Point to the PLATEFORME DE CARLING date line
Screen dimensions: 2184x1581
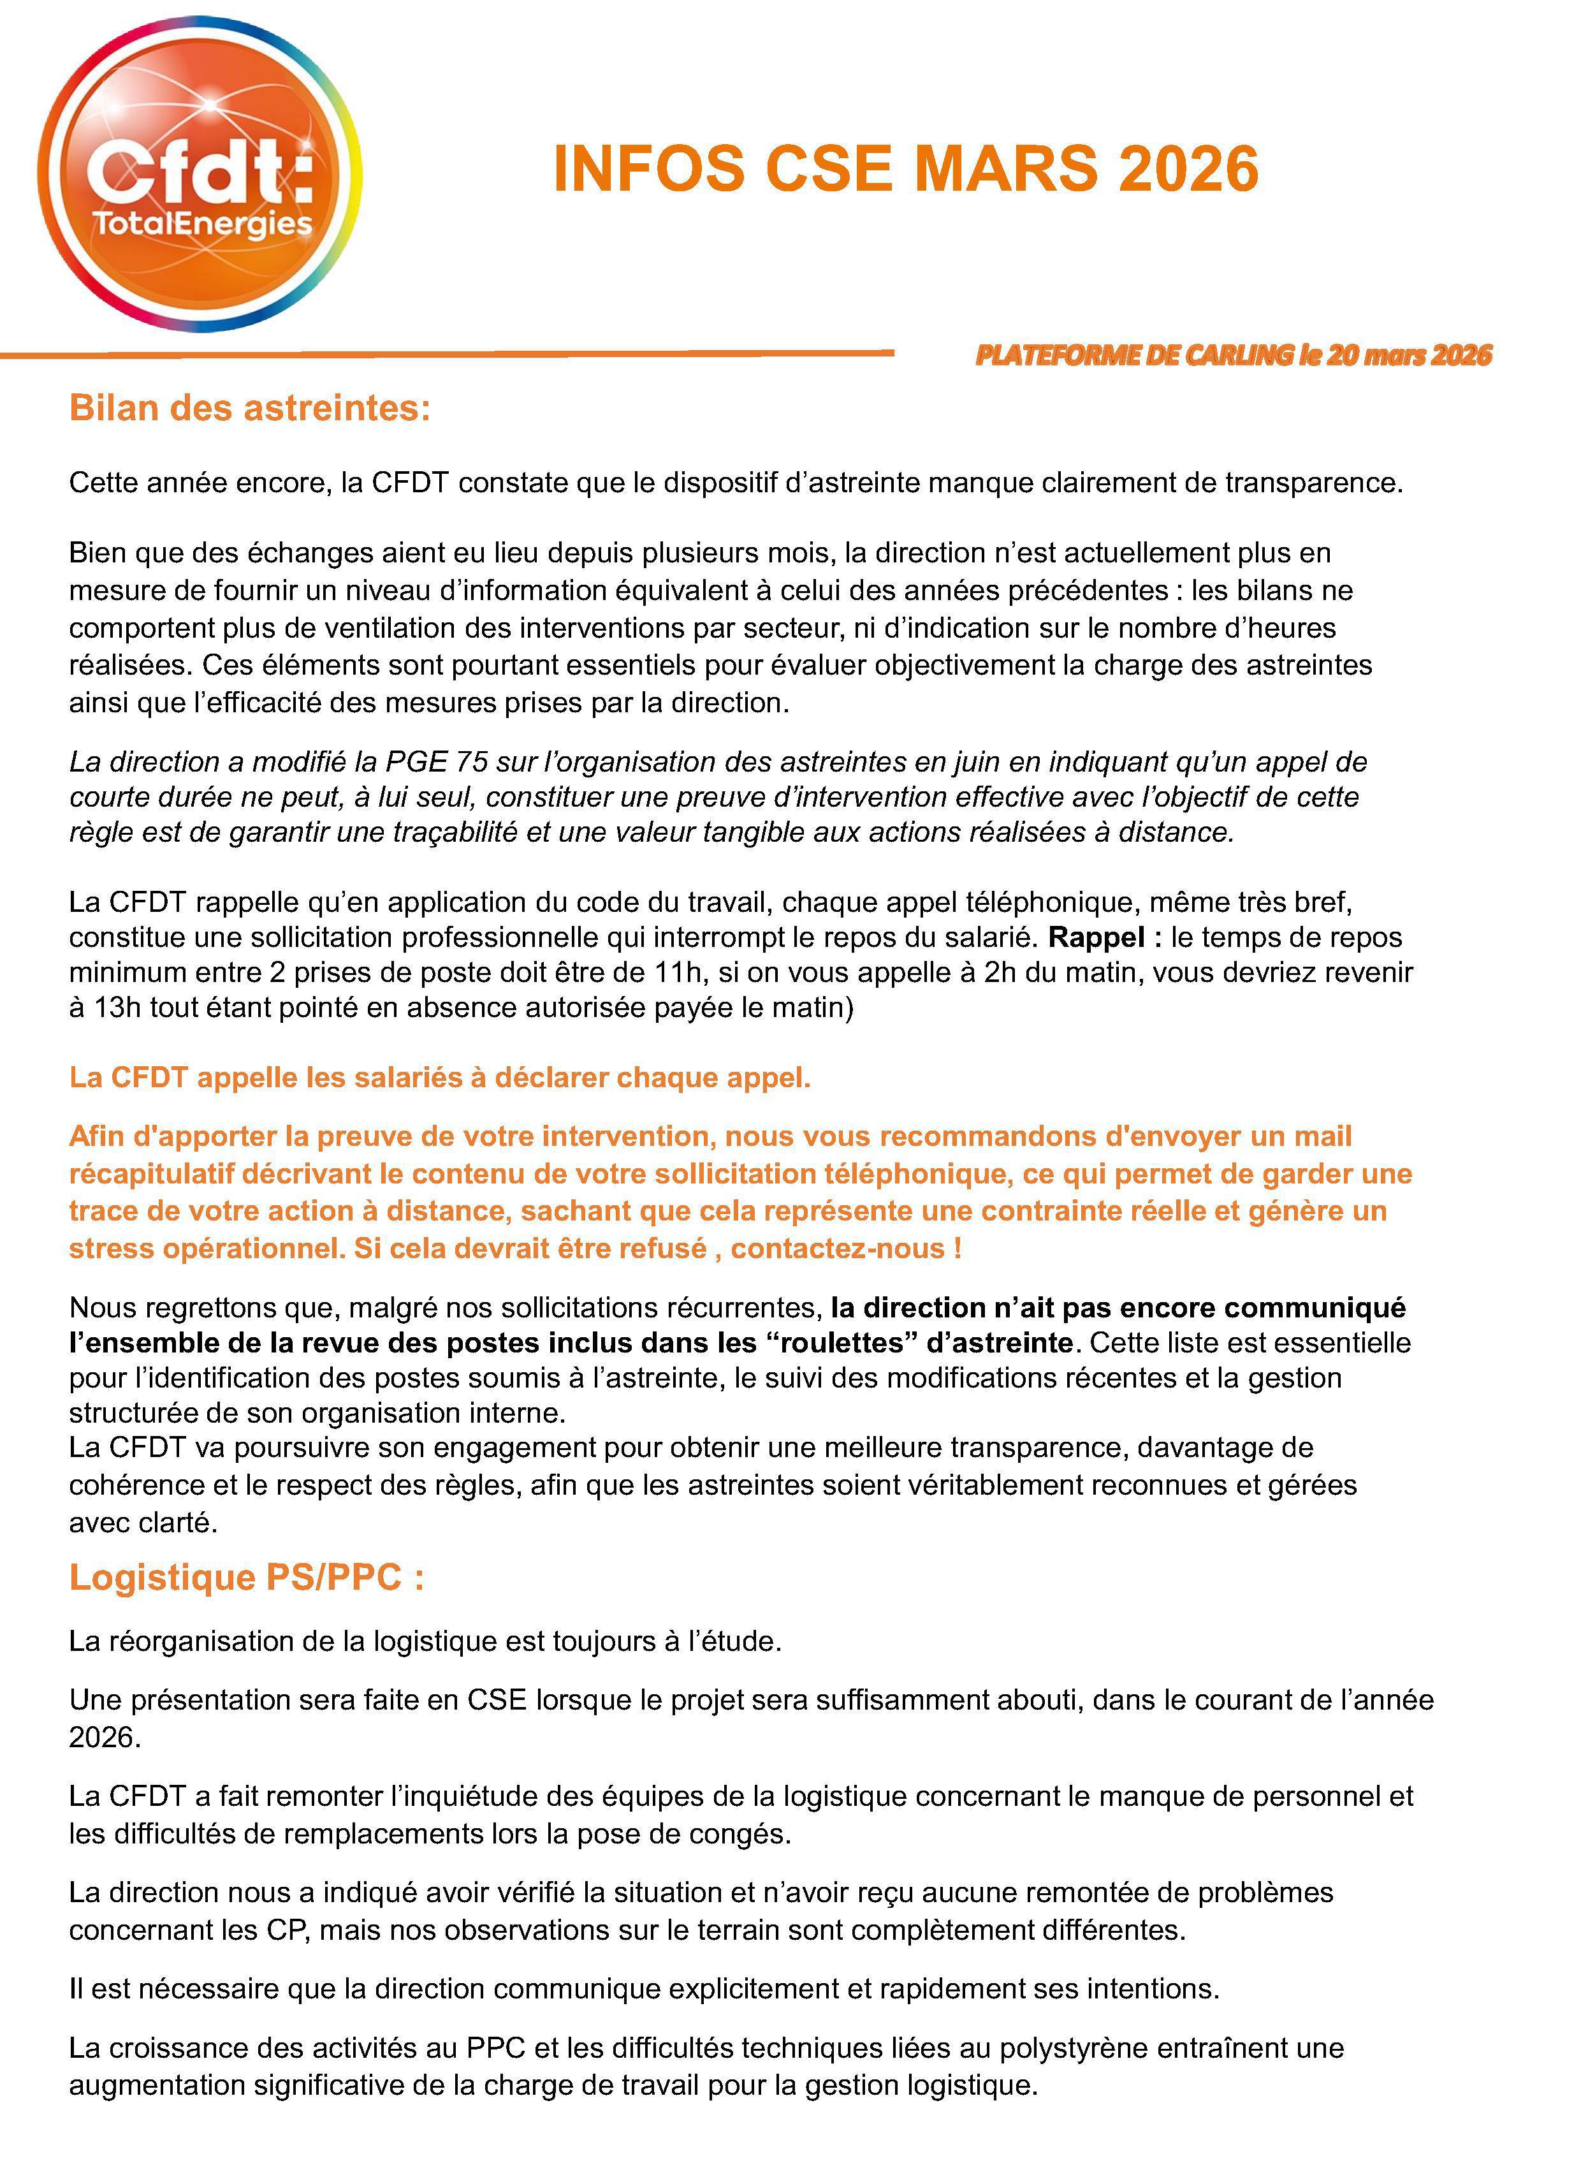tap(1234, 355)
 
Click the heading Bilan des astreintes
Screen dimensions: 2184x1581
tap(249, 408)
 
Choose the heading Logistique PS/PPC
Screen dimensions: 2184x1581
tap(247, 1576)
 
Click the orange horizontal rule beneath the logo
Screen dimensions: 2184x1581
tap(447, 355)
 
